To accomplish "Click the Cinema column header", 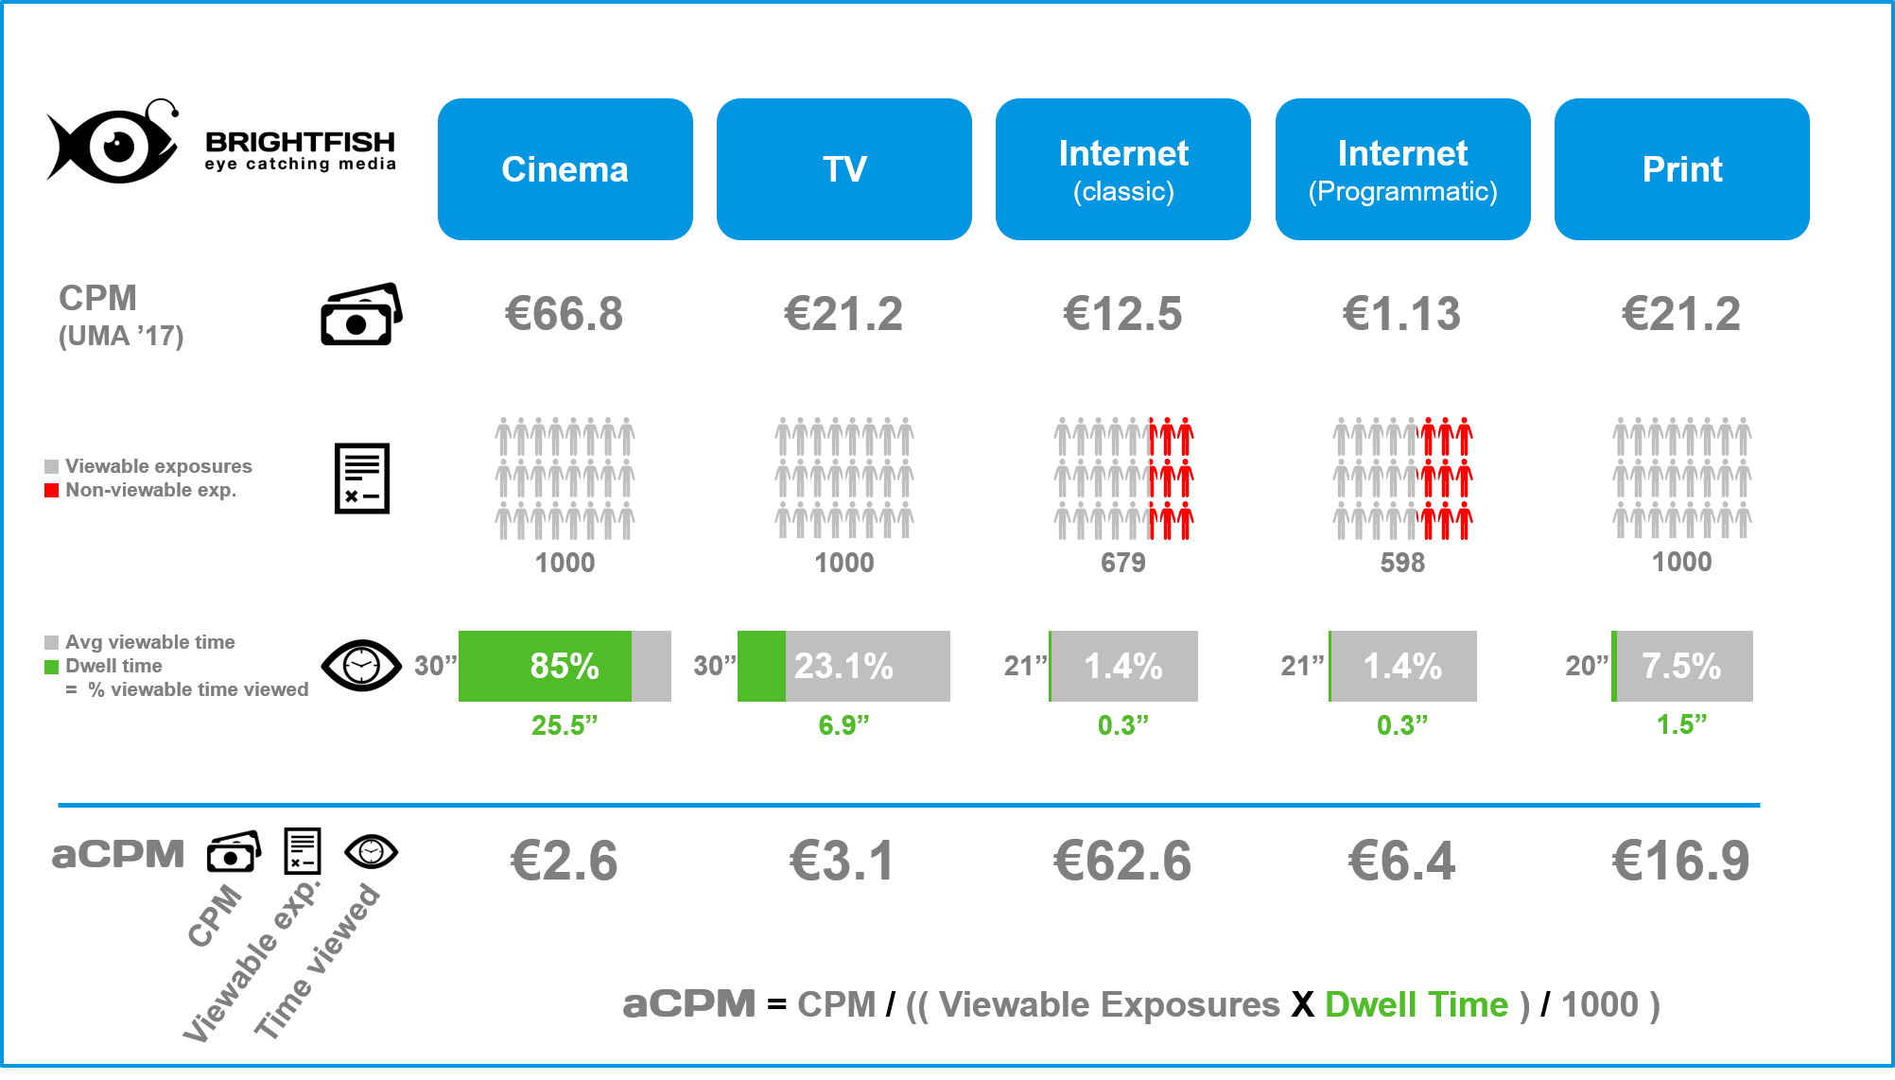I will pyautogui.click(x=565, y=169).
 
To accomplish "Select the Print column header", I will pyautogui.click(x=1681, y=169).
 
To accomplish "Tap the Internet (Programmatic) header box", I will pyautogui.click(x=1402, y=169).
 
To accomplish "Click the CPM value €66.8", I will pyautogui.click(x=565, y=314).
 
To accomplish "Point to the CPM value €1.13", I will pyautogui.click(x=1402, y=314).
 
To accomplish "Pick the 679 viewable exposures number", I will pyautogui.click(x=1123, y=563).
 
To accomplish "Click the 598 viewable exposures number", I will pyautogui.click(x=1402, y=563).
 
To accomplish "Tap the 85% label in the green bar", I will pyautogui.click(x=565, y=666).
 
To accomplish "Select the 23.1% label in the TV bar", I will pyautogui.click(x=843, y=666).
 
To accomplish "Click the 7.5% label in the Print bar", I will pyautogui.click(x=1681, y=666).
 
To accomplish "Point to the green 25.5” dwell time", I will pyautogui.click(x=565, y=725).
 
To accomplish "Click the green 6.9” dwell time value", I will pyautogui.click(x=843, y=725).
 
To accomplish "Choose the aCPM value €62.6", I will pyautogui.click(x=1123, y=861).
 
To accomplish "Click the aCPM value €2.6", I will pyautogui.click(x=565, y=861).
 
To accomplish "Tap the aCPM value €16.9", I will pyautogui.click(x=1681, y=861).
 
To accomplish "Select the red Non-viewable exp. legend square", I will pyautogui.click(x=52, y=490).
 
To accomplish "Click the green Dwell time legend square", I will pyautogui.click(x=52, y=667).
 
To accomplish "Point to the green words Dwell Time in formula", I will pyautogui.click(x=1416, y=1004).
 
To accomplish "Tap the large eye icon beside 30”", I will pyautogui.click(x=361, y=665).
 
